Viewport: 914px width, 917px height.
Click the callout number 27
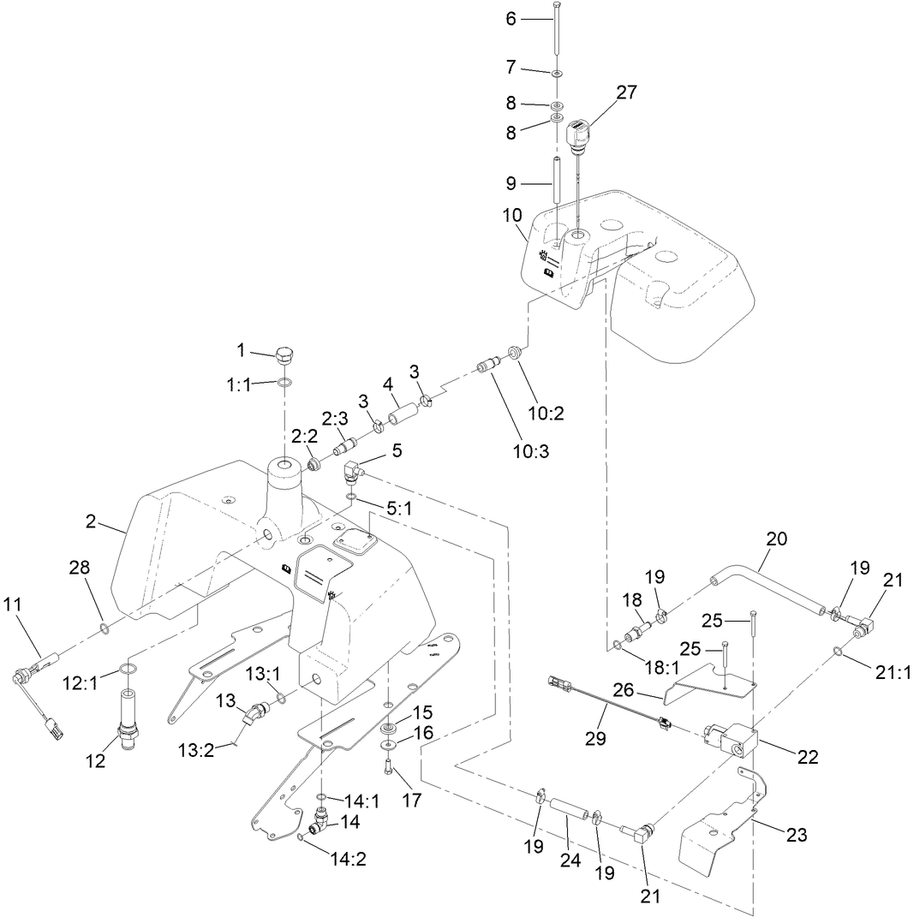[x=626, y=92]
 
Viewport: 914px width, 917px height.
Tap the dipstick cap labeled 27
[x=578, y=134]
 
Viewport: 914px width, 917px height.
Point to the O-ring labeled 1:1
[x=285, y=383]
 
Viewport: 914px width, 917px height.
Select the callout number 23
[x=797, y=836]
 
